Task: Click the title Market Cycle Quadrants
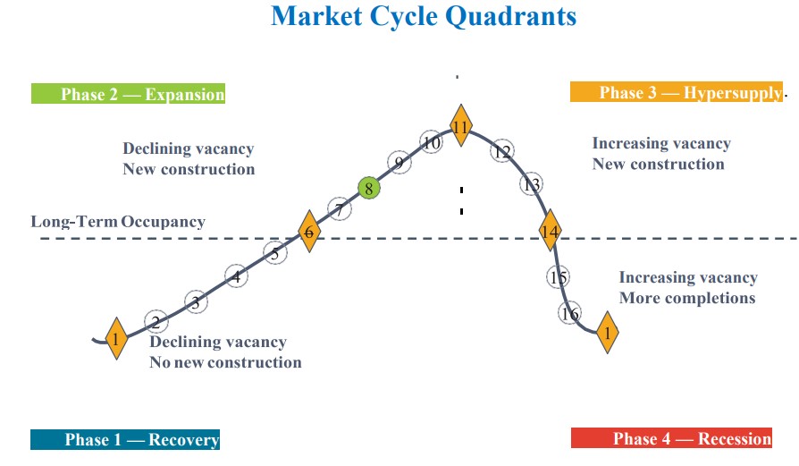pos(424,16)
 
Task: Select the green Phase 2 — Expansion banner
pos(128,94)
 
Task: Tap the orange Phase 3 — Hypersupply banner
pos(677,92)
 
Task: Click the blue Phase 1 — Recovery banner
pos(125,439)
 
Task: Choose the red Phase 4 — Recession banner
pos(671,438)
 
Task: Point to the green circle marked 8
pos(368,188)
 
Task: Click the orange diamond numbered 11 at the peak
pos(460,127)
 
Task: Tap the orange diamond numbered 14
pos(550,232)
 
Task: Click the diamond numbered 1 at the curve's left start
pos(116,339)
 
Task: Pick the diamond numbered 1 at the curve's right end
pos(608,333)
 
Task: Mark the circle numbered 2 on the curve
pos(156,322)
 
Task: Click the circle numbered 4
pos(236,277)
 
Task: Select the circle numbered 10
pos(432,142)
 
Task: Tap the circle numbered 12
pos(502,152)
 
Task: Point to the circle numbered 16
pos(569,313)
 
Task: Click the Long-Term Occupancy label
pos(118,222)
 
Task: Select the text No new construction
pos(225,362)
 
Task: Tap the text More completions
pos(686,298)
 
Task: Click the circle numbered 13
pos(532,185)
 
